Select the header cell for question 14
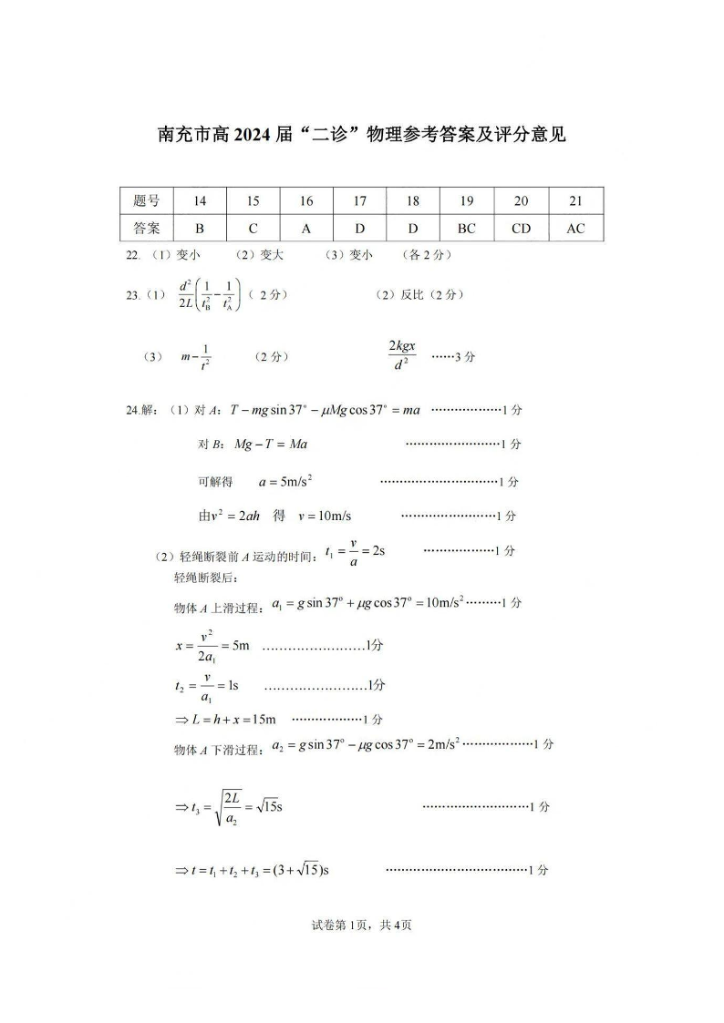pos(200,201)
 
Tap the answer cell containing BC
pos(467,229)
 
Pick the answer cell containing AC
pos(575,229)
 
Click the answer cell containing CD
pos(521,229)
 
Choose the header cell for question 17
pos(360,201)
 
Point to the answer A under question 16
pos(306,229)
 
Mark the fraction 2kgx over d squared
pos(401,356)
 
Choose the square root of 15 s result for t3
pos(264,807)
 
